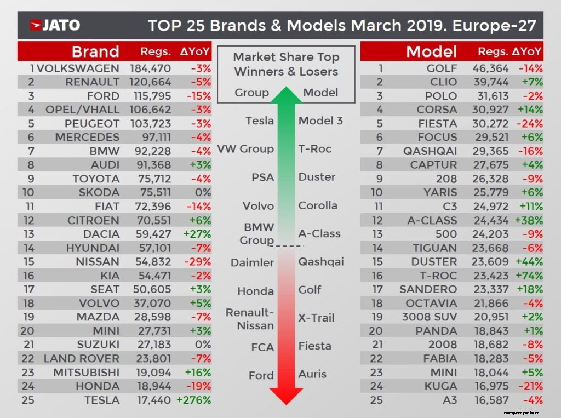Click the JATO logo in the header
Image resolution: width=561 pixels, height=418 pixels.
pyautogui.click(x=55, y=25)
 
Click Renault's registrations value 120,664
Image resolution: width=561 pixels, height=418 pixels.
pyautogui.click(x=151, y=82)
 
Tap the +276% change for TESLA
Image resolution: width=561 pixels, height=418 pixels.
pyautogui.click(x=193, y=400)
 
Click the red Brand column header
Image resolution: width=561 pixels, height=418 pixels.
pyautogui.click(x=95, y=52)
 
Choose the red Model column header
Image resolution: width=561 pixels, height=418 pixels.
pyautogui.click(x=431, y=52)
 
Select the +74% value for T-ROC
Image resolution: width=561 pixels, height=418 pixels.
pyautogui.click(x=529, y=276)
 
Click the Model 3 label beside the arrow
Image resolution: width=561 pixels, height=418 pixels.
pyautogui.click(x=320, y=121)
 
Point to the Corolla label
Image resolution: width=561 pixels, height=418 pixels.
pyautogui.click(x=318, y=205)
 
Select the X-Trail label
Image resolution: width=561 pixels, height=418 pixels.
pyautogui.click(x=316, y=318)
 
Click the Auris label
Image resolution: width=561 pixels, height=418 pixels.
pyautogui.click(x=312, y=374)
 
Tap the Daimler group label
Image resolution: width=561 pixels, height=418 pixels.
pyautogui.click(x=252, y=262)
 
